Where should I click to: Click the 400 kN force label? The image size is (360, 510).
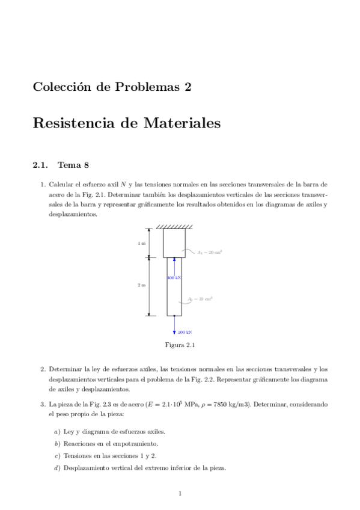[x=174, y=278]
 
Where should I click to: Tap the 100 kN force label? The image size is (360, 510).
[x=185, y=332]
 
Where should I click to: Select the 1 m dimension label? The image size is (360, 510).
[x=141, y=244]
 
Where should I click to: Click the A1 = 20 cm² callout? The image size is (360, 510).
[x=210, y=253]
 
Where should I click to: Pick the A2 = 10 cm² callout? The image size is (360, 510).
[x=201, y=299]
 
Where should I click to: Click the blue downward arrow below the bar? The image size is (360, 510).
[x=174, y=325]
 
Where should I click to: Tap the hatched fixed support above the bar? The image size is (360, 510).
[x=174, y=227]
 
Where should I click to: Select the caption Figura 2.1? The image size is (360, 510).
[x=180, y=345]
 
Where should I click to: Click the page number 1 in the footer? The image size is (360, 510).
[x=180, y=494]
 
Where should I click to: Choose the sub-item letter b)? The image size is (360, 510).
[x=56, y=443]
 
